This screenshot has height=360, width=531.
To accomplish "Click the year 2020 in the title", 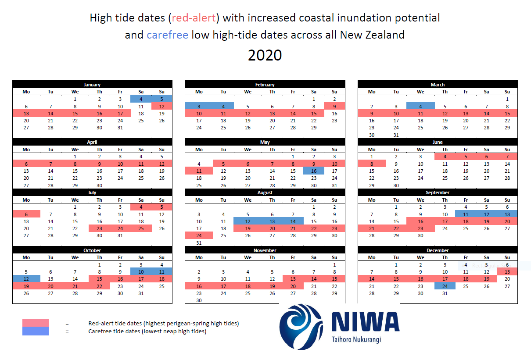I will click(265, 56).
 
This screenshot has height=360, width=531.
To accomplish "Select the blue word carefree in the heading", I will click(167, 35).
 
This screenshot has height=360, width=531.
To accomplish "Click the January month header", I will click(92, 85).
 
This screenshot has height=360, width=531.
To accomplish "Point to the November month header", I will click(265, 250).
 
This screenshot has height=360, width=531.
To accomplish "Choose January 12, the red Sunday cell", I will click(161, 106).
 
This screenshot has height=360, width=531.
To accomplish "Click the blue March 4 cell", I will click(420, 106).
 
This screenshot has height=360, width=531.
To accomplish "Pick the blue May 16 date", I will click(313, 171).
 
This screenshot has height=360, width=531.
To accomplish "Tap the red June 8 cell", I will click(372, 164).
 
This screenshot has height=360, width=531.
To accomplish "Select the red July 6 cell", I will click(26, 214).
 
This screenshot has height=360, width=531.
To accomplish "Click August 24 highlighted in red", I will click(199, 235).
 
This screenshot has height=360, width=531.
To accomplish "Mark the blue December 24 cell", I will click(445, 286).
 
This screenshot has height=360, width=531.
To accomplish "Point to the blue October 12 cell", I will click(26, 279).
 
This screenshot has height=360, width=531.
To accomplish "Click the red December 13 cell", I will click(507, 272).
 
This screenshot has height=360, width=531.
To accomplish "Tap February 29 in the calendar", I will click(313, 128).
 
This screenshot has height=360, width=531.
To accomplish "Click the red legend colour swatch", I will click(36, 323).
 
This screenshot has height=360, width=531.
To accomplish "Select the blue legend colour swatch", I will click(36, 331).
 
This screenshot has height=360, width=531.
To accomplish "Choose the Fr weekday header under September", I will click(466, 200).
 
